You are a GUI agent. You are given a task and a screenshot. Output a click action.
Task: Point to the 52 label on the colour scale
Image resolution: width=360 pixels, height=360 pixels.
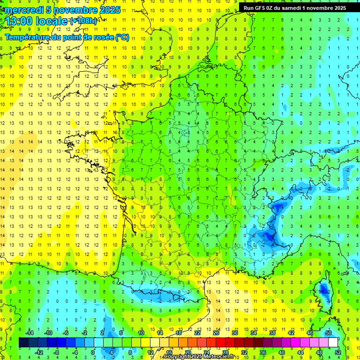(x=338, y=352)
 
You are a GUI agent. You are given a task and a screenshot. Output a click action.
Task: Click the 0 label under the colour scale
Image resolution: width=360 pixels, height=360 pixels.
(x=93, y=352)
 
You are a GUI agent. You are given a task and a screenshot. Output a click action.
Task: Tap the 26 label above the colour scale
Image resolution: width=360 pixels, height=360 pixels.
(x=216, y=332)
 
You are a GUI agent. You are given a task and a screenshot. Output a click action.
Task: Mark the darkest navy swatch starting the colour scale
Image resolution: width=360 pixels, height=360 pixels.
(x=23, y=343)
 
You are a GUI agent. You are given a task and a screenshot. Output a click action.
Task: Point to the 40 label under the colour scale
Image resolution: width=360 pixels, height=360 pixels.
(x=282, y=352)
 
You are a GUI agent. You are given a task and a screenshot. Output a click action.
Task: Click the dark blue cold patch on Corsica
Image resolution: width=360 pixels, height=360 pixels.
(x=324, y=290)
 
